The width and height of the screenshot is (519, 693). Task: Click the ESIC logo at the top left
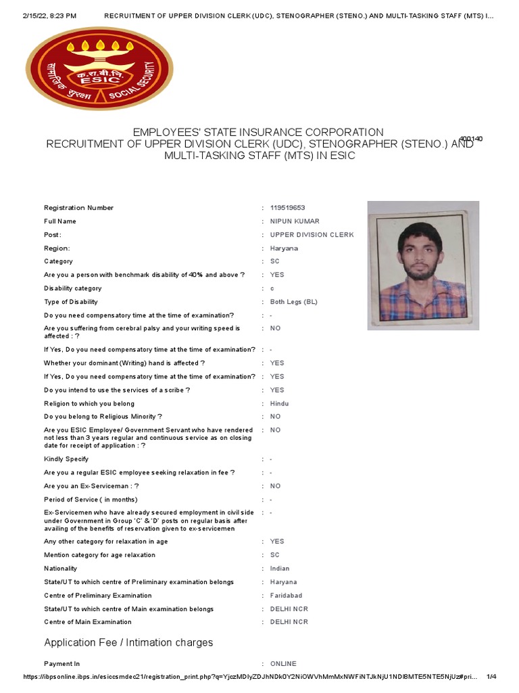click(99, 68)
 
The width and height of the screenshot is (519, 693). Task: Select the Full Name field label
click(60, 221)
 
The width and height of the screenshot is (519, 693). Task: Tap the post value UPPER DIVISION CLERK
click(312, 235)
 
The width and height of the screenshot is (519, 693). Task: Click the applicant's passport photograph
click(423, 265)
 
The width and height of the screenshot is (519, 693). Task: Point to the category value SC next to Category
click(274, 261)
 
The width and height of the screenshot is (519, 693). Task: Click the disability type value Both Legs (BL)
click(293, 302)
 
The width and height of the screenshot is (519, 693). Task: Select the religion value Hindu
click(279, 403)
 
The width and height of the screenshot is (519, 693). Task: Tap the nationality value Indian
click(280, 568)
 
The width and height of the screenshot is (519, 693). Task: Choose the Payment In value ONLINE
click(283, 664)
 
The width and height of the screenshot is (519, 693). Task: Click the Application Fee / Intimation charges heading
click(128, 642)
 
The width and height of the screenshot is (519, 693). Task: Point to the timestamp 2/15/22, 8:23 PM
click(40, 15)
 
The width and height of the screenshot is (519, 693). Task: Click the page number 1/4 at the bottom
click(491, 677)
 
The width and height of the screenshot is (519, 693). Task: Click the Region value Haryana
click(284, 248)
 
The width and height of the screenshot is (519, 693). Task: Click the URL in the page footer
click(250, 677)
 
